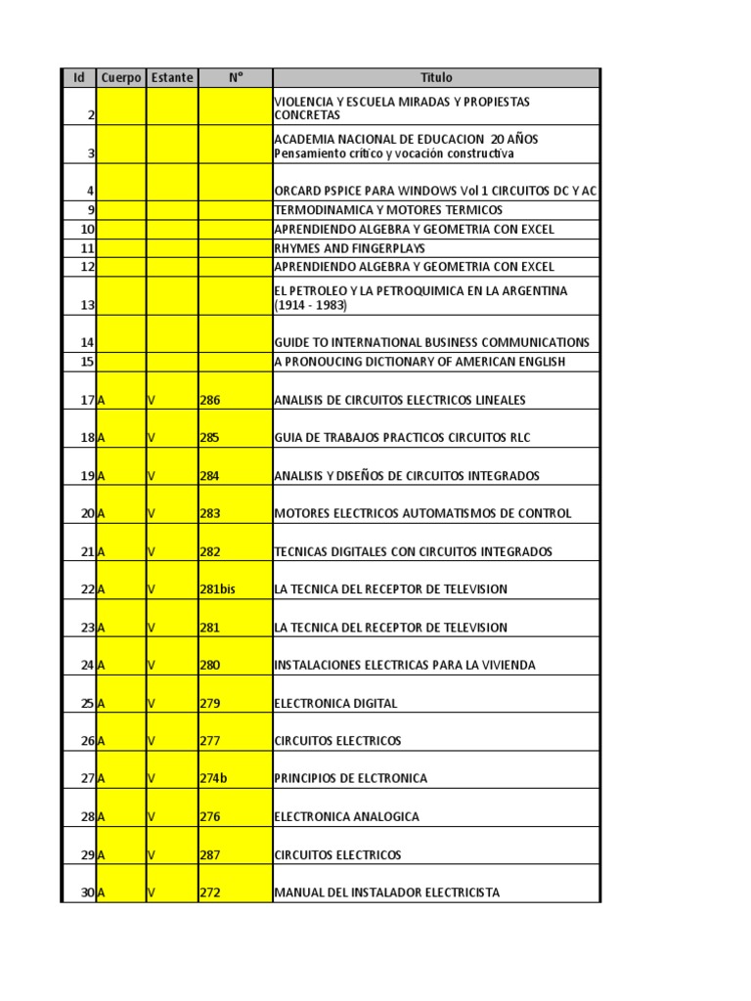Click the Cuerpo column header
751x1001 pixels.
121,78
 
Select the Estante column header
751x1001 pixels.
172,78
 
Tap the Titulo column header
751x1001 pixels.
436,78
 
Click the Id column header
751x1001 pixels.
79,78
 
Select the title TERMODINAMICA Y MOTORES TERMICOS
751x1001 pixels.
388,211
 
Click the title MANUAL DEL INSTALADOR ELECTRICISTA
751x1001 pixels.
387,892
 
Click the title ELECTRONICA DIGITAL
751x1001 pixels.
336,704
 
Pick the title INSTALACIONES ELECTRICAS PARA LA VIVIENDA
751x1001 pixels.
405,666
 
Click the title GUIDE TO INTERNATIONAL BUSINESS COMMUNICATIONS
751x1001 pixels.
432,343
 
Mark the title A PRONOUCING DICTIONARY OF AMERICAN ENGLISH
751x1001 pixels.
420,362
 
